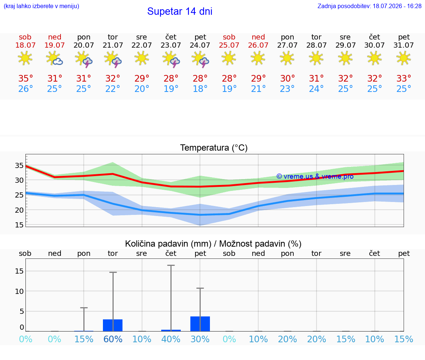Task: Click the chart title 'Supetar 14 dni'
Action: [180, 11]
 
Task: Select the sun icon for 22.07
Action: [142, 58]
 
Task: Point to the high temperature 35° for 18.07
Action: [25, 78]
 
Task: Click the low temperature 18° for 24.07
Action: [200, 89]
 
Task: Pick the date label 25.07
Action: [229, 45]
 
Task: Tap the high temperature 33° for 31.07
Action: [404, 78]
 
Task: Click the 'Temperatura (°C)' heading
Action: [214, 148]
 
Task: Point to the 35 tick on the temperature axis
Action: [19, 165]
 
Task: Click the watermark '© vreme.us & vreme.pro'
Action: [315, 176]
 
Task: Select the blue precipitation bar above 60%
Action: [113, 325]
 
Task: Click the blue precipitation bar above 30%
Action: [200, 324]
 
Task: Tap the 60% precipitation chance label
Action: [113, 339]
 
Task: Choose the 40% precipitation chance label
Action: [171, 339]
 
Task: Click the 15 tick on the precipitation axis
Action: [19, 271]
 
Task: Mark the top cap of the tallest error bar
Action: [171, 265]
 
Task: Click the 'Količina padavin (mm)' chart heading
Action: [168, 244]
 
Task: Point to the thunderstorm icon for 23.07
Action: [171, 59]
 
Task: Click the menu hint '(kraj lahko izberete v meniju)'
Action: [41, 6]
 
